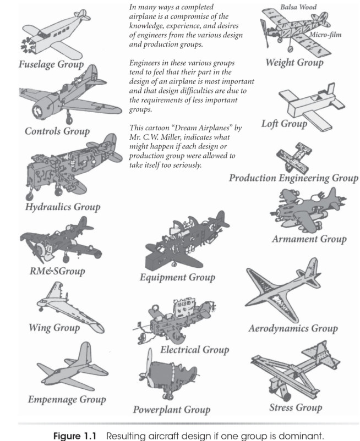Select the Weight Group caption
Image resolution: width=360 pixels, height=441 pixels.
[x=294, y=62]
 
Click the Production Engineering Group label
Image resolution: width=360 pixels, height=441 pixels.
[x=293, y=178]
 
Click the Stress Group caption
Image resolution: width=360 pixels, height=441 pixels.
[x=295, y=407]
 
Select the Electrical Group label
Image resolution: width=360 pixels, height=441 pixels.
[x=194, y=350]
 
